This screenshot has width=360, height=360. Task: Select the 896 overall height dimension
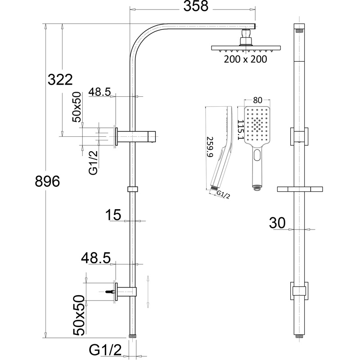[x=47, y=182]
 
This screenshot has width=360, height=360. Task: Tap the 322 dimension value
[x=60, y=80]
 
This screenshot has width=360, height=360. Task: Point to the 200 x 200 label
[x=246, y=59]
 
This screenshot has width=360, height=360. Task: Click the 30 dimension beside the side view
[x=278, y=223]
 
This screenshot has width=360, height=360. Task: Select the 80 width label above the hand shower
[x=257, y=99]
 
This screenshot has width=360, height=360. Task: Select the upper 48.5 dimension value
[x=99, y=92]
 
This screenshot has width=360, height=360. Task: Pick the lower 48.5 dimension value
[x=96, y=258]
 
